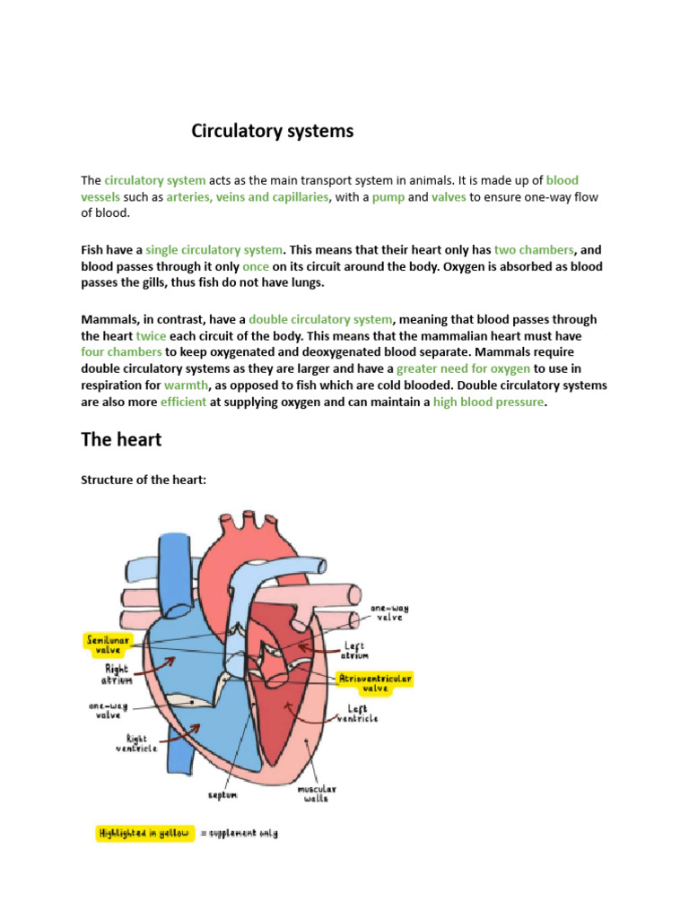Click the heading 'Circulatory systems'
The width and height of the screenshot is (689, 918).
click(x=272, y=132)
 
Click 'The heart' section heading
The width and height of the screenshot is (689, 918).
click(x=121, y=439)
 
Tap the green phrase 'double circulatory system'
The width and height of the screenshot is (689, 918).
click(x=320, y=319)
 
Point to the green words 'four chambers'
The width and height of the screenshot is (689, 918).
click(x=121, y=352)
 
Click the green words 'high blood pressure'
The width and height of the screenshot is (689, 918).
click(x=488, y=403)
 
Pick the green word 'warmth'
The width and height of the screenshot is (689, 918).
click(x=186, y=385)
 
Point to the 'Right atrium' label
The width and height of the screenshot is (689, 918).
click(x=118, y=673)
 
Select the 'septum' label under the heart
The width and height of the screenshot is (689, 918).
click(x=222, y=794)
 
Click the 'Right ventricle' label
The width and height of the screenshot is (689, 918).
click(x=135, y=743)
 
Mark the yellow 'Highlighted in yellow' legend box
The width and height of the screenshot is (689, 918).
click(x=144, y=834)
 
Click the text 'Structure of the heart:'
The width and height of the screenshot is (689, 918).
click(x=144, y=481)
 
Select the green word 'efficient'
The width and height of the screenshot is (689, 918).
click(x=183, y=403)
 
